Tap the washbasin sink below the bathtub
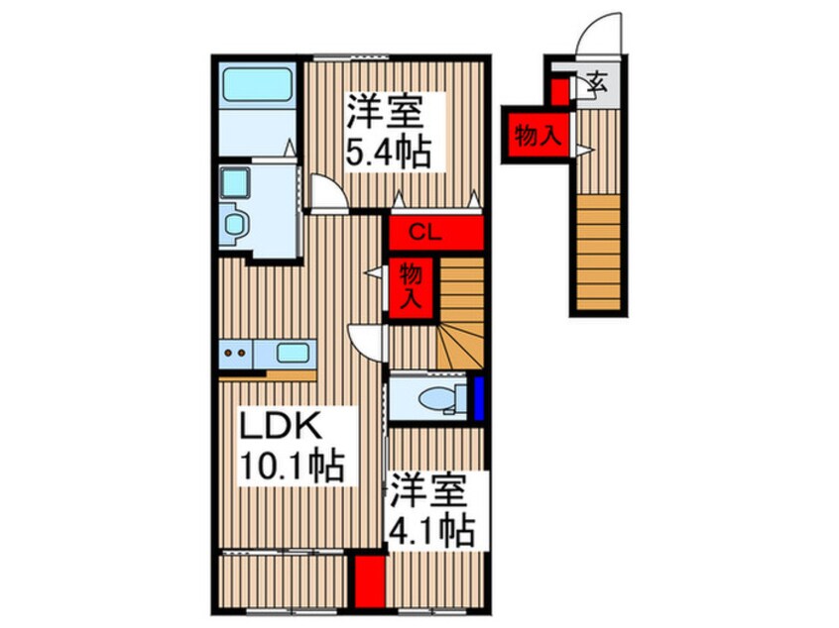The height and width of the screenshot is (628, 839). coord(237,184)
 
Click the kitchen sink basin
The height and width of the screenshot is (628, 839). coord(293,353)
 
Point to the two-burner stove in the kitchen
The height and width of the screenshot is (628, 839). coord(236,352)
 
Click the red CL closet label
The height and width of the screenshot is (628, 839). coord(425,234)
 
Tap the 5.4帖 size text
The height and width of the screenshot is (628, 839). coord(387,154)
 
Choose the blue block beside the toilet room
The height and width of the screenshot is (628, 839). coord(477,399)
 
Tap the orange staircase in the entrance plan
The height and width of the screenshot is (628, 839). coord(599,253)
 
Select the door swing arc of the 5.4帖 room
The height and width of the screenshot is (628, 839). coord(326,192)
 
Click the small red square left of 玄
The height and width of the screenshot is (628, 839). coord(559,92)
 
